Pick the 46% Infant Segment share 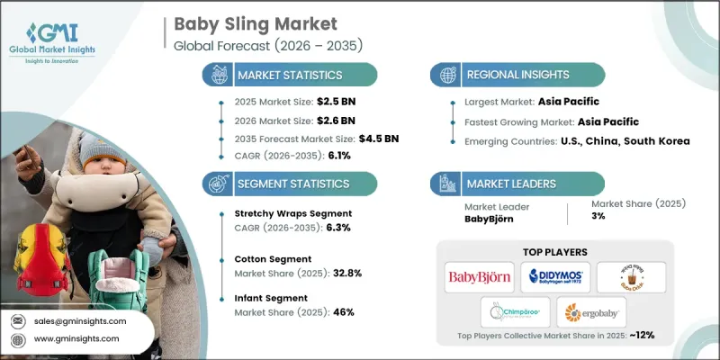point(343,312)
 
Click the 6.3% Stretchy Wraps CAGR point(329,228)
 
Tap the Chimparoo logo point(510,313)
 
